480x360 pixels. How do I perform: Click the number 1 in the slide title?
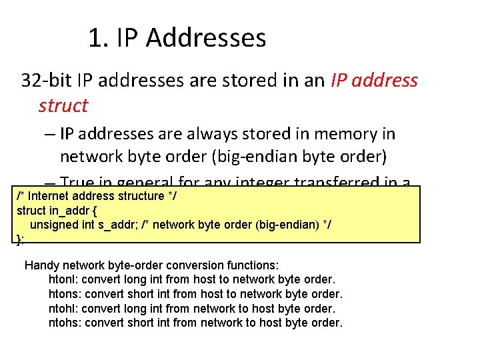(94, 38)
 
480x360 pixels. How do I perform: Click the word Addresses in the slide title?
(206, 38)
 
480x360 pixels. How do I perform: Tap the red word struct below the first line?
(63, 105)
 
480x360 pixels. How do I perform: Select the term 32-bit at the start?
(47, 81)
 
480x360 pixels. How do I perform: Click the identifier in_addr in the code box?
(71, 211)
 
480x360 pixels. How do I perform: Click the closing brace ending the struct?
(19, 239)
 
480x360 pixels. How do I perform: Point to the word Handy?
(41, 265)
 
